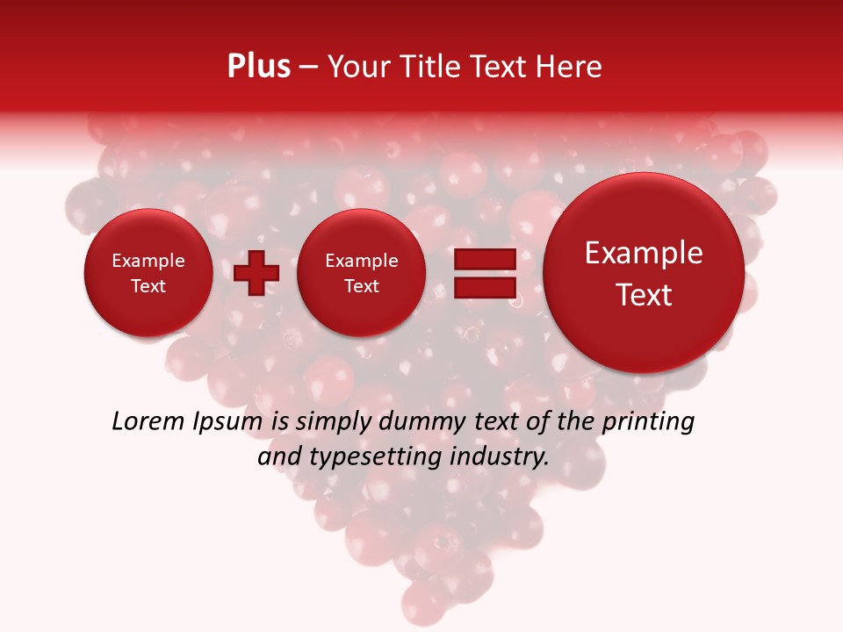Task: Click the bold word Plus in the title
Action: pos(258,67)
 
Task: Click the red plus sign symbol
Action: pos(256,273)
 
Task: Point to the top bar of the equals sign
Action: pos(485,260)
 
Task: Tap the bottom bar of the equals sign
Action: pos(485,287)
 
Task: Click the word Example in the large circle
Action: pos(644,253)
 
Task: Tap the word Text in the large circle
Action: pos(644,295)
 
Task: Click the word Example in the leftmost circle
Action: pos(148,261)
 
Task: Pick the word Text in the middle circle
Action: pos(362,286)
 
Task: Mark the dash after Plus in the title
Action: pos(308,68)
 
